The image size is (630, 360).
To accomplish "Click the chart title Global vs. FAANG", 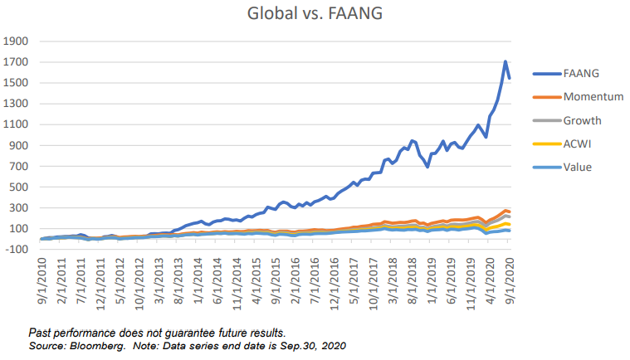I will click(x=315, y=14).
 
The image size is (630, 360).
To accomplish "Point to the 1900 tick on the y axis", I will click(x=17, y=41).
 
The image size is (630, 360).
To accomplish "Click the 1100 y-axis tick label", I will click(x=17, y=124).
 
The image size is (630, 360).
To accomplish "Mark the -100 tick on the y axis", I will click(x=17, y=250).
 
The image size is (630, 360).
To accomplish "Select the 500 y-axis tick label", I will click(x=21, y=187).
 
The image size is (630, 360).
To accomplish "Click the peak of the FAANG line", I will click(x=505, y=61).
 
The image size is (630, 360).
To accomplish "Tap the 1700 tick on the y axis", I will click(x=17, y=62).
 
